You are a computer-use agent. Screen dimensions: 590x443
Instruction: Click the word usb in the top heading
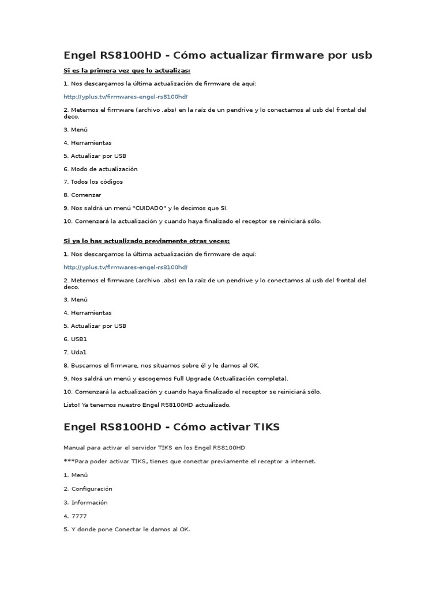click(361, 55)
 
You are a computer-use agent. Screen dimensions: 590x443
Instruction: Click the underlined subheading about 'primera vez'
click(127, 70)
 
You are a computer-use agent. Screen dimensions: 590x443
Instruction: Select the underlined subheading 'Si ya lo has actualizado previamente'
click(147, 240)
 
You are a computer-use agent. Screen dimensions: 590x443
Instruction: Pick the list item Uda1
click(78, 352)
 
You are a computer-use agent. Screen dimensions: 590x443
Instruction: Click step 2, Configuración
click(92, 489)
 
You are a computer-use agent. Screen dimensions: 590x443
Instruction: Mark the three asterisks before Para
click(67, 461)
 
